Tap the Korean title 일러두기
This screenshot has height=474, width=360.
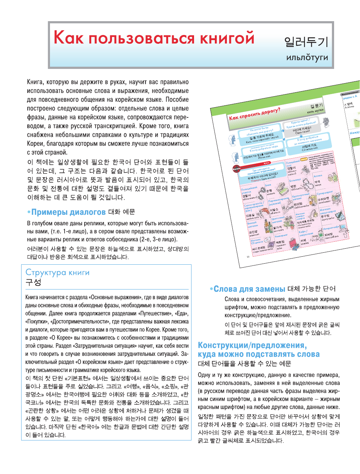pyautogui.click(x=306, y=42)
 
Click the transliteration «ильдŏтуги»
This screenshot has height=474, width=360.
pyautogui.click(x=307, y=57)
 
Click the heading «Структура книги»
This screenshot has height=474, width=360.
pyautogui.click(x=57, y=272)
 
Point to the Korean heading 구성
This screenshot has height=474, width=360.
pyautogui.click(x=33, y=282)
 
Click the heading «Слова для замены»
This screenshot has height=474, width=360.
pyautogui.click(x=249, y=289)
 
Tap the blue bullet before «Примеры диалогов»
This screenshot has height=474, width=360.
pyautogui.click(x=29, y=212)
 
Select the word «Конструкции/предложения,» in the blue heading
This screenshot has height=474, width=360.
pyautogui.click(x=252, y=345)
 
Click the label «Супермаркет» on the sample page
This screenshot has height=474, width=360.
pyautogui.click(x=325, y=192)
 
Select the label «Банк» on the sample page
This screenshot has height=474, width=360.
pyautogui.click(x=268, y=185)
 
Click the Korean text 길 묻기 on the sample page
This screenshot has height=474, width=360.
pyautogui.click(x=316, y=106)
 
